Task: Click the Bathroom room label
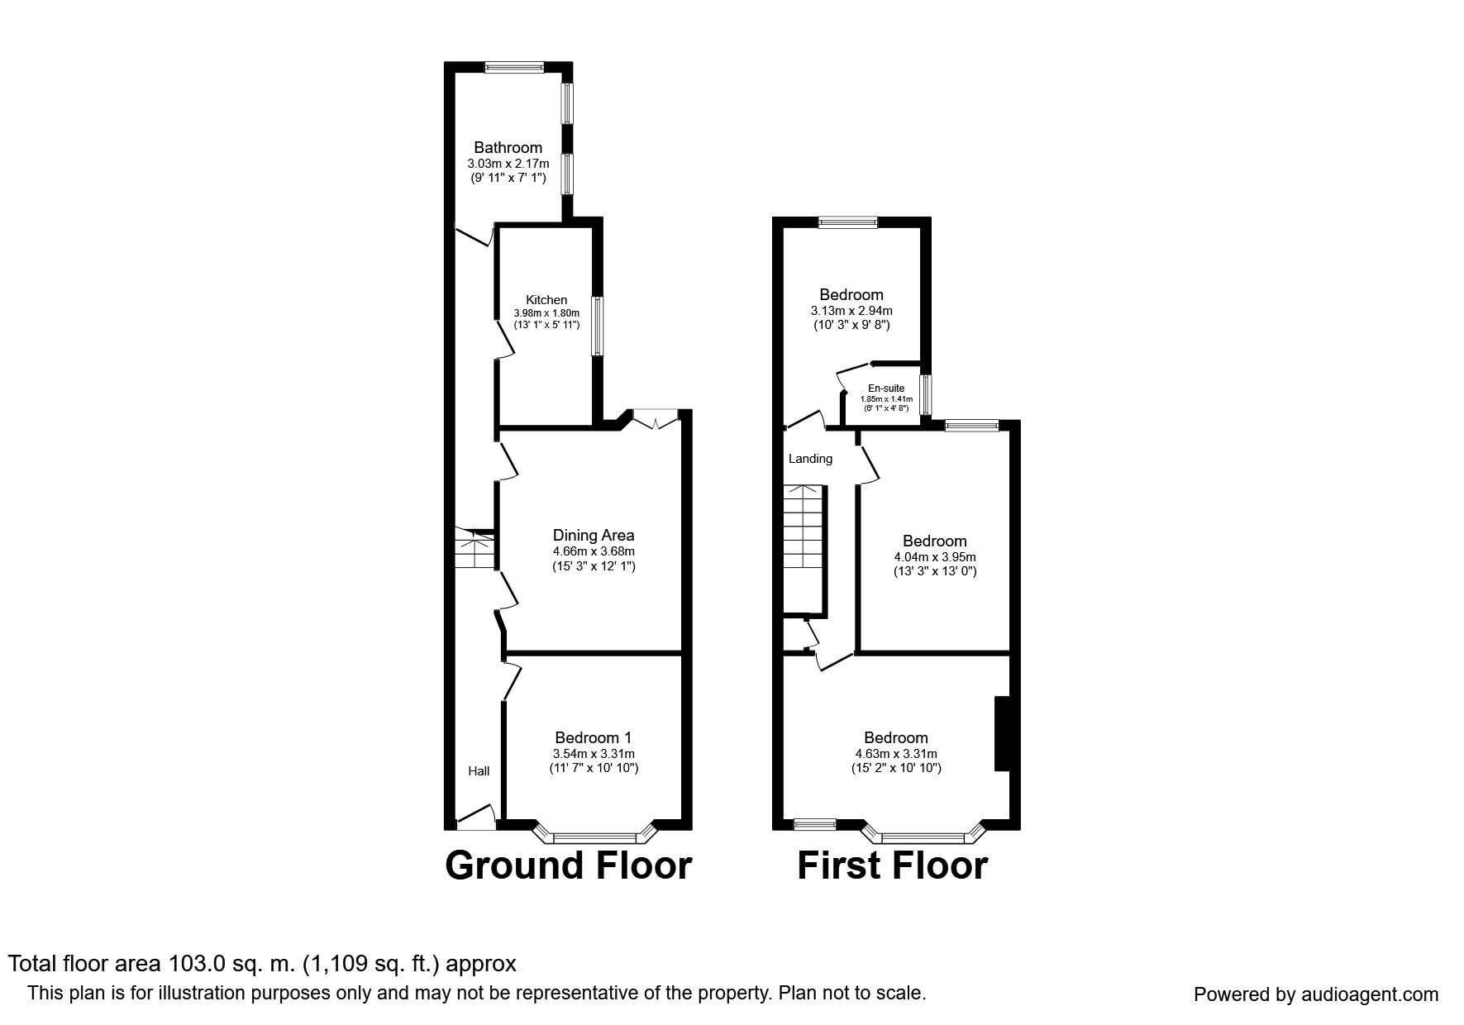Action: pos(508,148)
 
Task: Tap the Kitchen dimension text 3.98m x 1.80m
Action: pos(546,313)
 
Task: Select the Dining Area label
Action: pos(594,536)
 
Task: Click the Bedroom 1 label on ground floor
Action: pos(594,738)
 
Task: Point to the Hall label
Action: pos(479,771)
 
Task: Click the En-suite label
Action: pos(885,389)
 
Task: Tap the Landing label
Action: pos(810,459)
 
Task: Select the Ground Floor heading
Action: pos(568,865)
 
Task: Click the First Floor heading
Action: pos(892,865)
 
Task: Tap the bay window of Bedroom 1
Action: pos(594,837)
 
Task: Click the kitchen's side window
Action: pos(595,326)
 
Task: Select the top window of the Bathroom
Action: pos(514,68)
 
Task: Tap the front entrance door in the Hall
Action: pos(475,818)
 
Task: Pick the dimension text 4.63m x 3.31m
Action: pos(895,754)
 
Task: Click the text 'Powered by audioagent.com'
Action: pos(1315,994)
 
